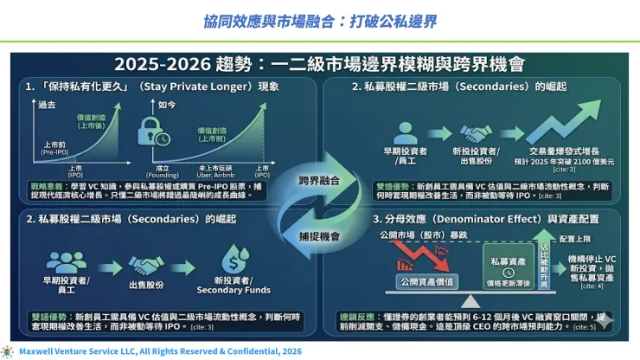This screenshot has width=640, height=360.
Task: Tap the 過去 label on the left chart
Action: point(47,105)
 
